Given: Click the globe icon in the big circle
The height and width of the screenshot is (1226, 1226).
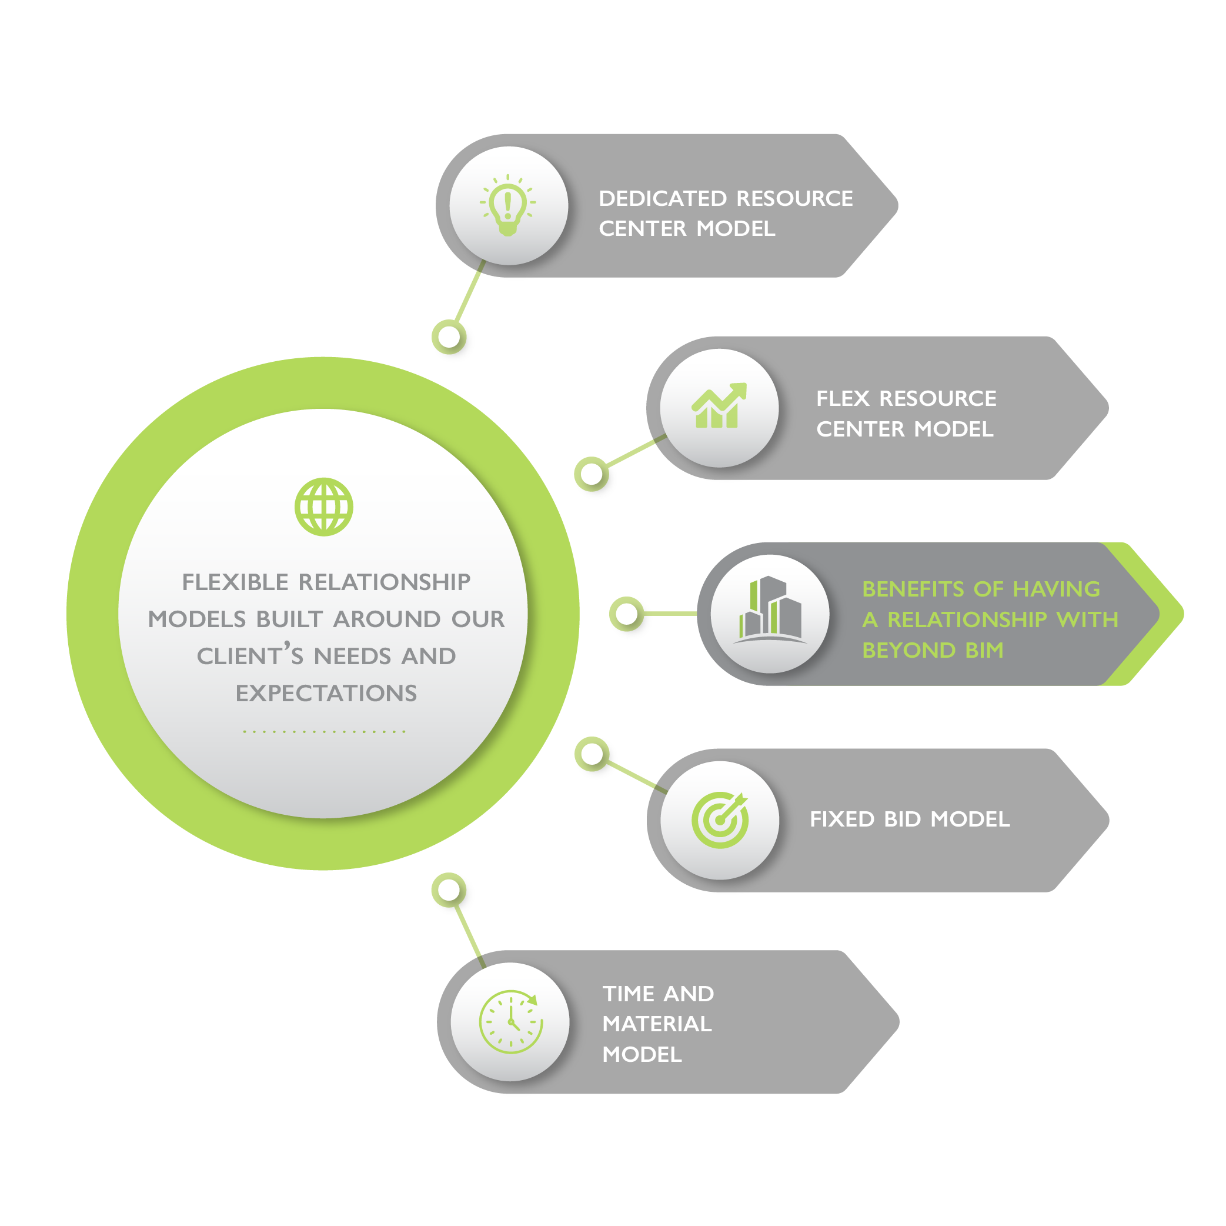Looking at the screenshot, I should tap(323, 507).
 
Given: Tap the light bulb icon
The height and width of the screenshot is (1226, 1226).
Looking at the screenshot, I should tap(507, 205).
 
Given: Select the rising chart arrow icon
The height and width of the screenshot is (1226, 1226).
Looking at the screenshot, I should tap(719, 407).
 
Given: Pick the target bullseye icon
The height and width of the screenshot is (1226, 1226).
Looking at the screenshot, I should tap(720, 819).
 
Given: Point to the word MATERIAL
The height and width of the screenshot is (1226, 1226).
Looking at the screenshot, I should tap(657, 1024).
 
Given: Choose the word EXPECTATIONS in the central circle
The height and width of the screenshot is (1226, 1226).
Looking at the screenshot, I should tap(326, 694).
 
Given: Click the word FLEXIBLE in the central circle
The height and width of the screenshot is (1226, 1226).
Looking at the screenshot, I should tap(235, 582).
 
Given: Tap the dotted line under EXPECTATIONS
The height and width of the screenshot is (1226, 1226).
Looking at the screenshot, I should tap(323, 731).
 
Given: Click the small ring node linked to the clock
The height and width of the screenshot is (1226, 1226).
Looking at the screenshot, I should tap(449, 889).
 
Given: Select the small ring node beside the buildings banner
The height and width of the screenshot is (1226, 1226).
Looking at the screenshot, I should tap(627, 614).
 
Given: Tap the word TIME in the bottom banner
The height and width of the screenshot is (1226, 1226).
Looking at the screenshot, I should tap(627, 994).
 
